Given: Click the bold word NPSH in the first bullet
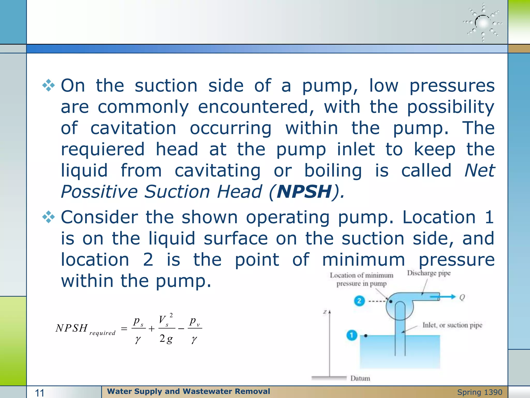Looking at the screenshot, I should tap(304, 192).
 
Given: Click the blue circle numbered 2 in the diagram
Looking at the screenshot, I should tap(359, 301).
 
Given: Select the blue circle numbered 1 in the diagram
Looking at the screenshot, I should tap(352, 335).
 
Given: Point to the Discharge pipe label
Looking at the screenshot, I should tap(429, 273).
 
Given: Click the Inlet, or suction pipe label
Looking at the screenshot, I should tap(452, 325).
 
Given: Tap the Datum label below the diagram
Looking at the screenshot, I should tap(360, 378).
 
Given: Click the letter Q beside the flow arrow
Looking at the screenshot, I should tap(462, 297).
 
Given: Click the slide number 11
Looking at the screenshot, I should tap(40, 393).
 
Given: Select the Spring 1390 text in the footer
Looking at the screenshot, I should tap(480, 392).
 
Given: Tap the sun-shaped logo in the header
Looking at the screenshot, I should tap(483, 23).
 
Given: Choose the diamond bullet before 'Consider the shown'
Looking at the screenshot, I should tap(49, 217).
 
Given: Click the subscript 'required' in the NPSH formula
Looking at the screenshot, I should tap(102, 333).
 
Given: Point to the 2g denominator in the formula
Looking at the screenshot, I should tap(166, 338).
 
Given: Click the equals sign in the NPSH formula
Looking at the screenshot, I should tap(124, 329).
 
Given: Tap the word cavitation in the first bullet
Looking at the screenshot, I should tap(133, 128).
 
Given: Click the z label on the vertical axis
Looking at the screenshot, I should tap(325, 312).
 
